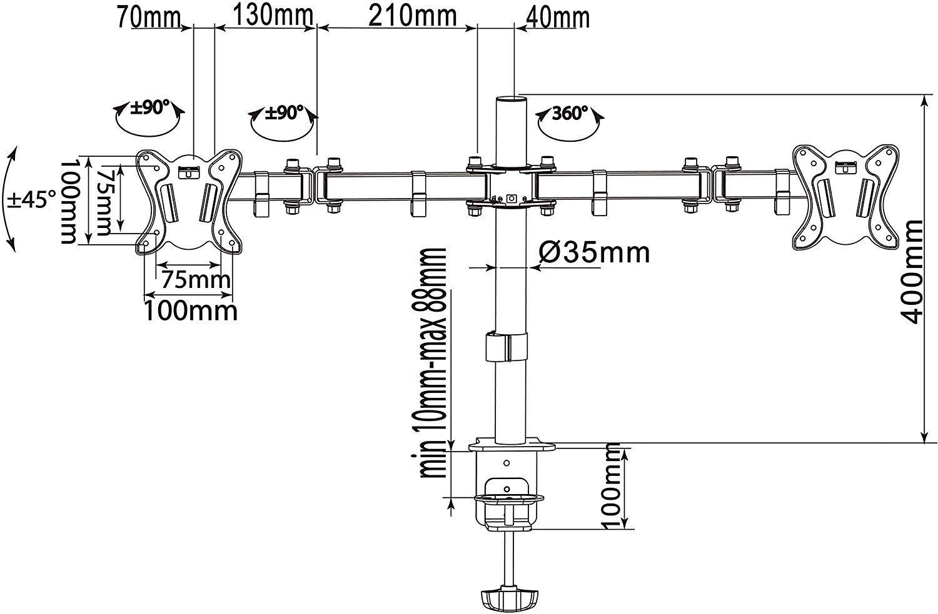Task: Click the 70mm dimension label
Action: (x=149, y=17)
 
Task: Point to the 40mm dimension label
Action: (x=557, y=17)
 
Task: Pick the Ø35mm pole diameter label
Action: (x=594, y=252)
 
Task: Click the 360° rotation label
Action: (x=570, y=113)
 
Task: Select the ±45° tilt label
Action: (x=32, y=199)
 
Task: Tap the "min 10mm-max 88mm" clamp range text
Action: (x=431, y=363)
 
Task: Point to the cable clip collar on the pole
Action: (x=507, y=347)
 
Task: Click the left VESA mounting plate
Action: (x=189, y=202)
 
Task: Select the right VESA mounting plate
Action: (x=846, y=197)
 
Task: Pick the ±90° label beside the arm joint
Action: (x=283, y=112)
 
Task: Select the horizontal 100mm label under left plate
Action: (x=191, y=311)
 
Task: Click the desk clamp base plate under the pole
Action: (x=512, y=445)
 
